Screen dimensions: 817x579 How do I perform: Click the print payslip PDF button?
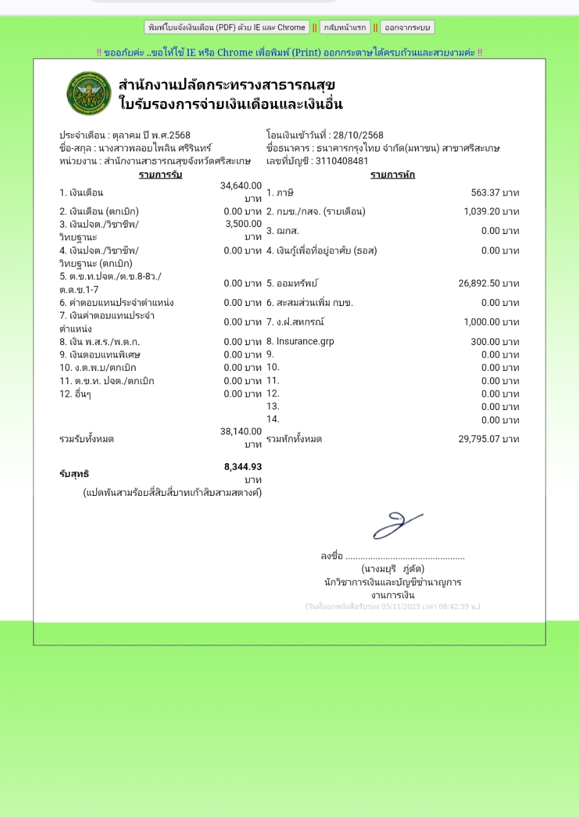pos(226,27)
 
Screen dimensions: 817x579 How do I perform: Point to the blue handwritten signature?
pos(397,526)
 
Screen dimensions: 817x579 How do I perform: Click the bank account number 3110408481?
pos(342,160)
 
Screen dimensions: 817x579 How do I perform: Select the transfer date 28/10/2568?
pos(358,135)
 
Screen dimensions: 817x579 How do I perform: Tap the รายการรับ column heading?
pos(160,175)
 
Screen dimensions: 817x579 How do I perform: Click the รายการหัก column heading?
pos(392,175)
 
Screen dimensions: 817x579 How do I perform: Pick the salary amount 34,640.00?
pos(241,185)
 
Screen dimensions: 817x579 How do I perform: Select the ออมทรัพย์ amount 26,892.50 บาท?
pos(488,283)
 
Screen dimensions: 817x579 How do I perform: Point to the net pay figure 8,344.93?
pos(243,467)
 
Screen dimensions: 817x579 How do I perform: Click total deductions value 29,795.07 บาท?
pos(488,438)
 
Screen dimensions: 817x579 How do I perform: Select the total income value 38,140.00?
pos(241,432)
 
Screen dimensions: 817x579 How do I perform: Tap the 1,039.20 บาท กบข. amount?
pos(491,211)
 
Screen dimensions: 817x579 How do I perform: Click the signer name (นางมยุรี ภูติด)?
pos(392,569)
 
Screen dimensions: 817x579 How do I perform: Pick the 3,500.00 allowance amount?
pos(243,224)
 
